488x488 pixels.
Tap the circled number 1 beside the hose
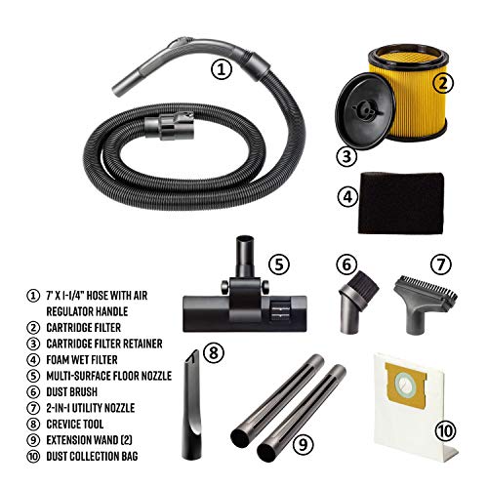point(224,69)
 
